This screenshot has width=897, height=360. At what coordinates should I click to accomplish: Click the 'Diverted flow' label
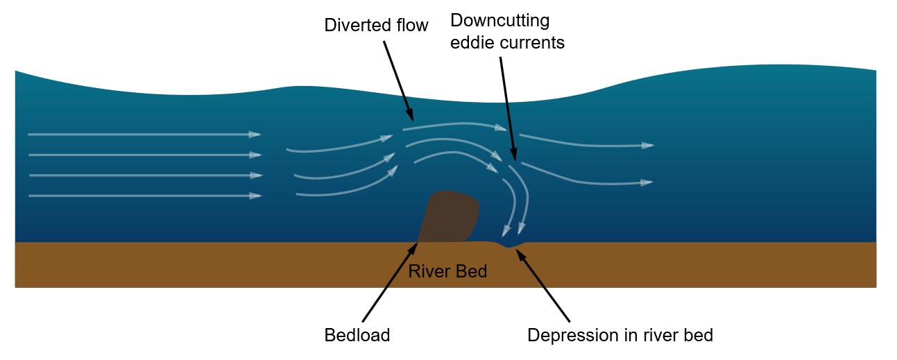click(x=376, y=26)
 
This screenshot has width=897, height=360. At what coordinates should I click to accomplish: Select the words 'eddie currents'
click(x=507, y=42)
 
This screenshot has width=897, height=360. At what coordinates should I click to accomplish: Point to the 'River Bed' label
click(x=447, y=271)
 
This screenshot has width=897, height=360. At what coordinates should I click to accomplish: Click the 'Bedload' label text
click(x=357, y=336)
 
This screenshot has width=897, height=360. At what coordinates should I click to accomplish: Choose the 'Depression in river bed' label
click(x=620, y=336)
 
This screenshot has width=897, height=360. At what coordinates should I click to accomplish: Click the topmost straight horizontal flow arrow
click(x=144, y=134)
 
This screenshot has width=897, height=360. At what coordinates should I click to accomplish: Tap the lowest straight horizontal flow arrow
click(x=144, y=196)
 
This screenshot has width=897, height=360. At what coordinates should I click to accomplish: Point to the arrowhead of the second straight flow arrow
click(x=255, y=155)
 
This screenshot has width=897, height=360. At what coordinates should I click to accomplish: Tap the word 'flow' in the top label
click(x=412, y=26)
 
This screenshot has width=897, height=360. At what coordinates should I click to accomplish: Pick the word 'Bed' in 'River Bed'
click(x=472, y=271)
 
